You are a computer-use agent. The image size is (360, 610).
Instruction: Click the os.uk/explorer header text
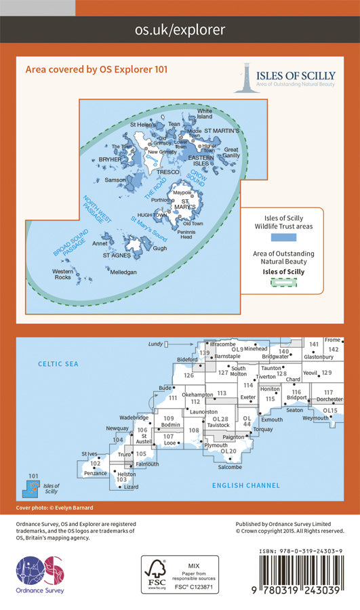click(180, 30)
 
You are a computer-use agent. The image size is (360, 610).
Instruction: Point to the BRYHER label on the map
click(109, 160)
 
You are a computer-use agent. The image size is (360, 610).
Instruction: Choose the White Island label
click(204, 113)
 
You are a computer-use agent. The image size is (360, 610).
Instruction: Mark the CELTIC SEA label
click(58, 364)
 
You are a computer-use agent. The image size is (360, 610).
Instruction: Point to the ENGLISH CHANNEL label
click(251, 485)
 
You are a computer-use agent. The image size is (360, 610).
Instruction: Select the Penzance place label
click(96, 473)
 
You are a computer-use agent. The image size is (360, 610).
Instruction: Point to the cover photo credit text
click(55, 508)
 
